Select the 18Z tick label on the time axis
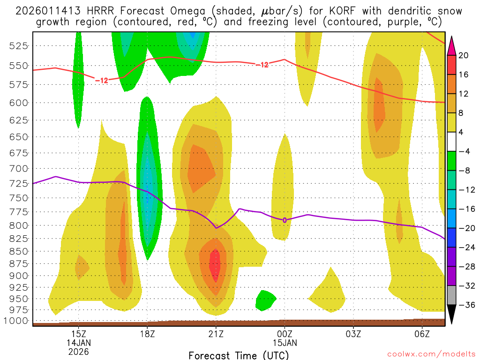click(147, 334)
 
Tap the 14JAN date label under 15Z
click(79, 343)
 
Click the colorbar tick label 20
click(464, 55)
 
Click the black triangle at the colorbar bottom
click(452, 314)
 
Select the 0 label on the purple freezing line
click(285, 220)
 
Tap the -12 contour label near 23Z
click(262, 65)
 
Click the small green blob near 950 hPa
click(265, 300)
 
